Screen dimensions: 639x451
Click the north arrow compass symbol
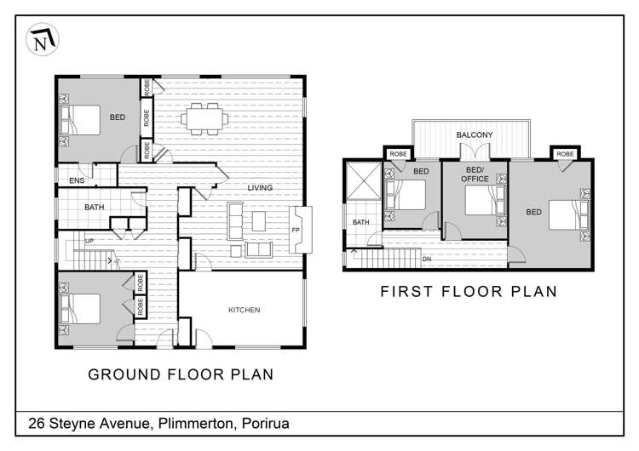[x=43, y=39]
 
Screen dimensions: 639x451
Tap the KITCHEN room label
[x=245, y=310]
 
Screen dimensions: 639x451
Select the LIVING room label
[x=260, y=188]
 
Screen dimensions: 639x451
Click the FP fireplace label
[x=296, y=230]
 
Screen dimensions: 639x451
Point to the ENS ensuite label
[x=77, y=180]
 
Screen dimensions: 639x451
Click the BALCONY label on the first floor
[x=475, y=134]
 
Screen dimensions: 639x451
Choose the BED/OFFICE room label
[x=475, y=174]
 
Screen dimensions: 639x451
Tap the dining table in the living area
[x=204, y=119]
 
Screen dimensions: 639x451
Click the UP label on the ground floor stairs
[x=89, y=241]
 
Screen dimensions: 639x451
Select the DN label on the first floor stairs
[x=427, y=259]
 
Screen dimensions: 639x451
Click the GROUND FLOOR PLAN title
[x=181, y=374]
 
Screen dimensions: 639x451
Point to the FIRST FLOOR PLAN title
[x=469, y=291]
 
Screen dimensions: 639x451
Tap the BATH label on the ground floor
[x=94, y=207]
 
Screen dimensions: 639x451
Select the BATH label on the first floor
[x=360, y=222]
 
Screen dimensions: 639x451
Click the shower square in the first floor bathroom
[x=364, y=180]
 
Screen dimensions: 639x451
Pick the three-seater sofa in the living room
[x=235, y=221]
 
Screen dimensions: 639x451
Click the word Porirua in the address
[x=266, y=424]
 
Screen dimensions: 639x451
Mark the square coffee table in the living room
[x=259, y=221]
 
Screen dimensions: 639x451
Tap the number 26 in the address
[x=37, y=424]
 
